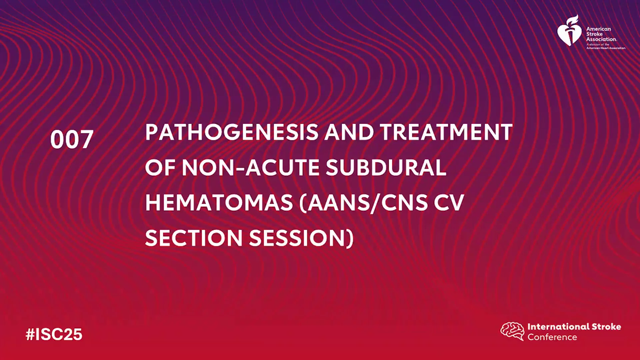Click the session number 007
click(72, 139)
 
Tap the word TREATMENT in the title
click(446, 132)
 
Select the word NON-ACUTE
click(250, 167)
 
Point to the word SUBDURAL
click(386, 167)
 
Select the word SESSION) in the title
click(301, 238)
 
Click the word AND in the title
click(349, 132)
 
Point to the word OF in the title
click(160, 167)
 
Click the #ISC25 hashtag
click(54, 334)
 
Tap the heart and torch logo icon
click(570, 31)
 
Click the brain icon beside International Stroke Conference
click(512, 331)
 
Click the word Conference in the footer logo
click(552, 337)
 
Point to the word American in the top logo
click(599, 29)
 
